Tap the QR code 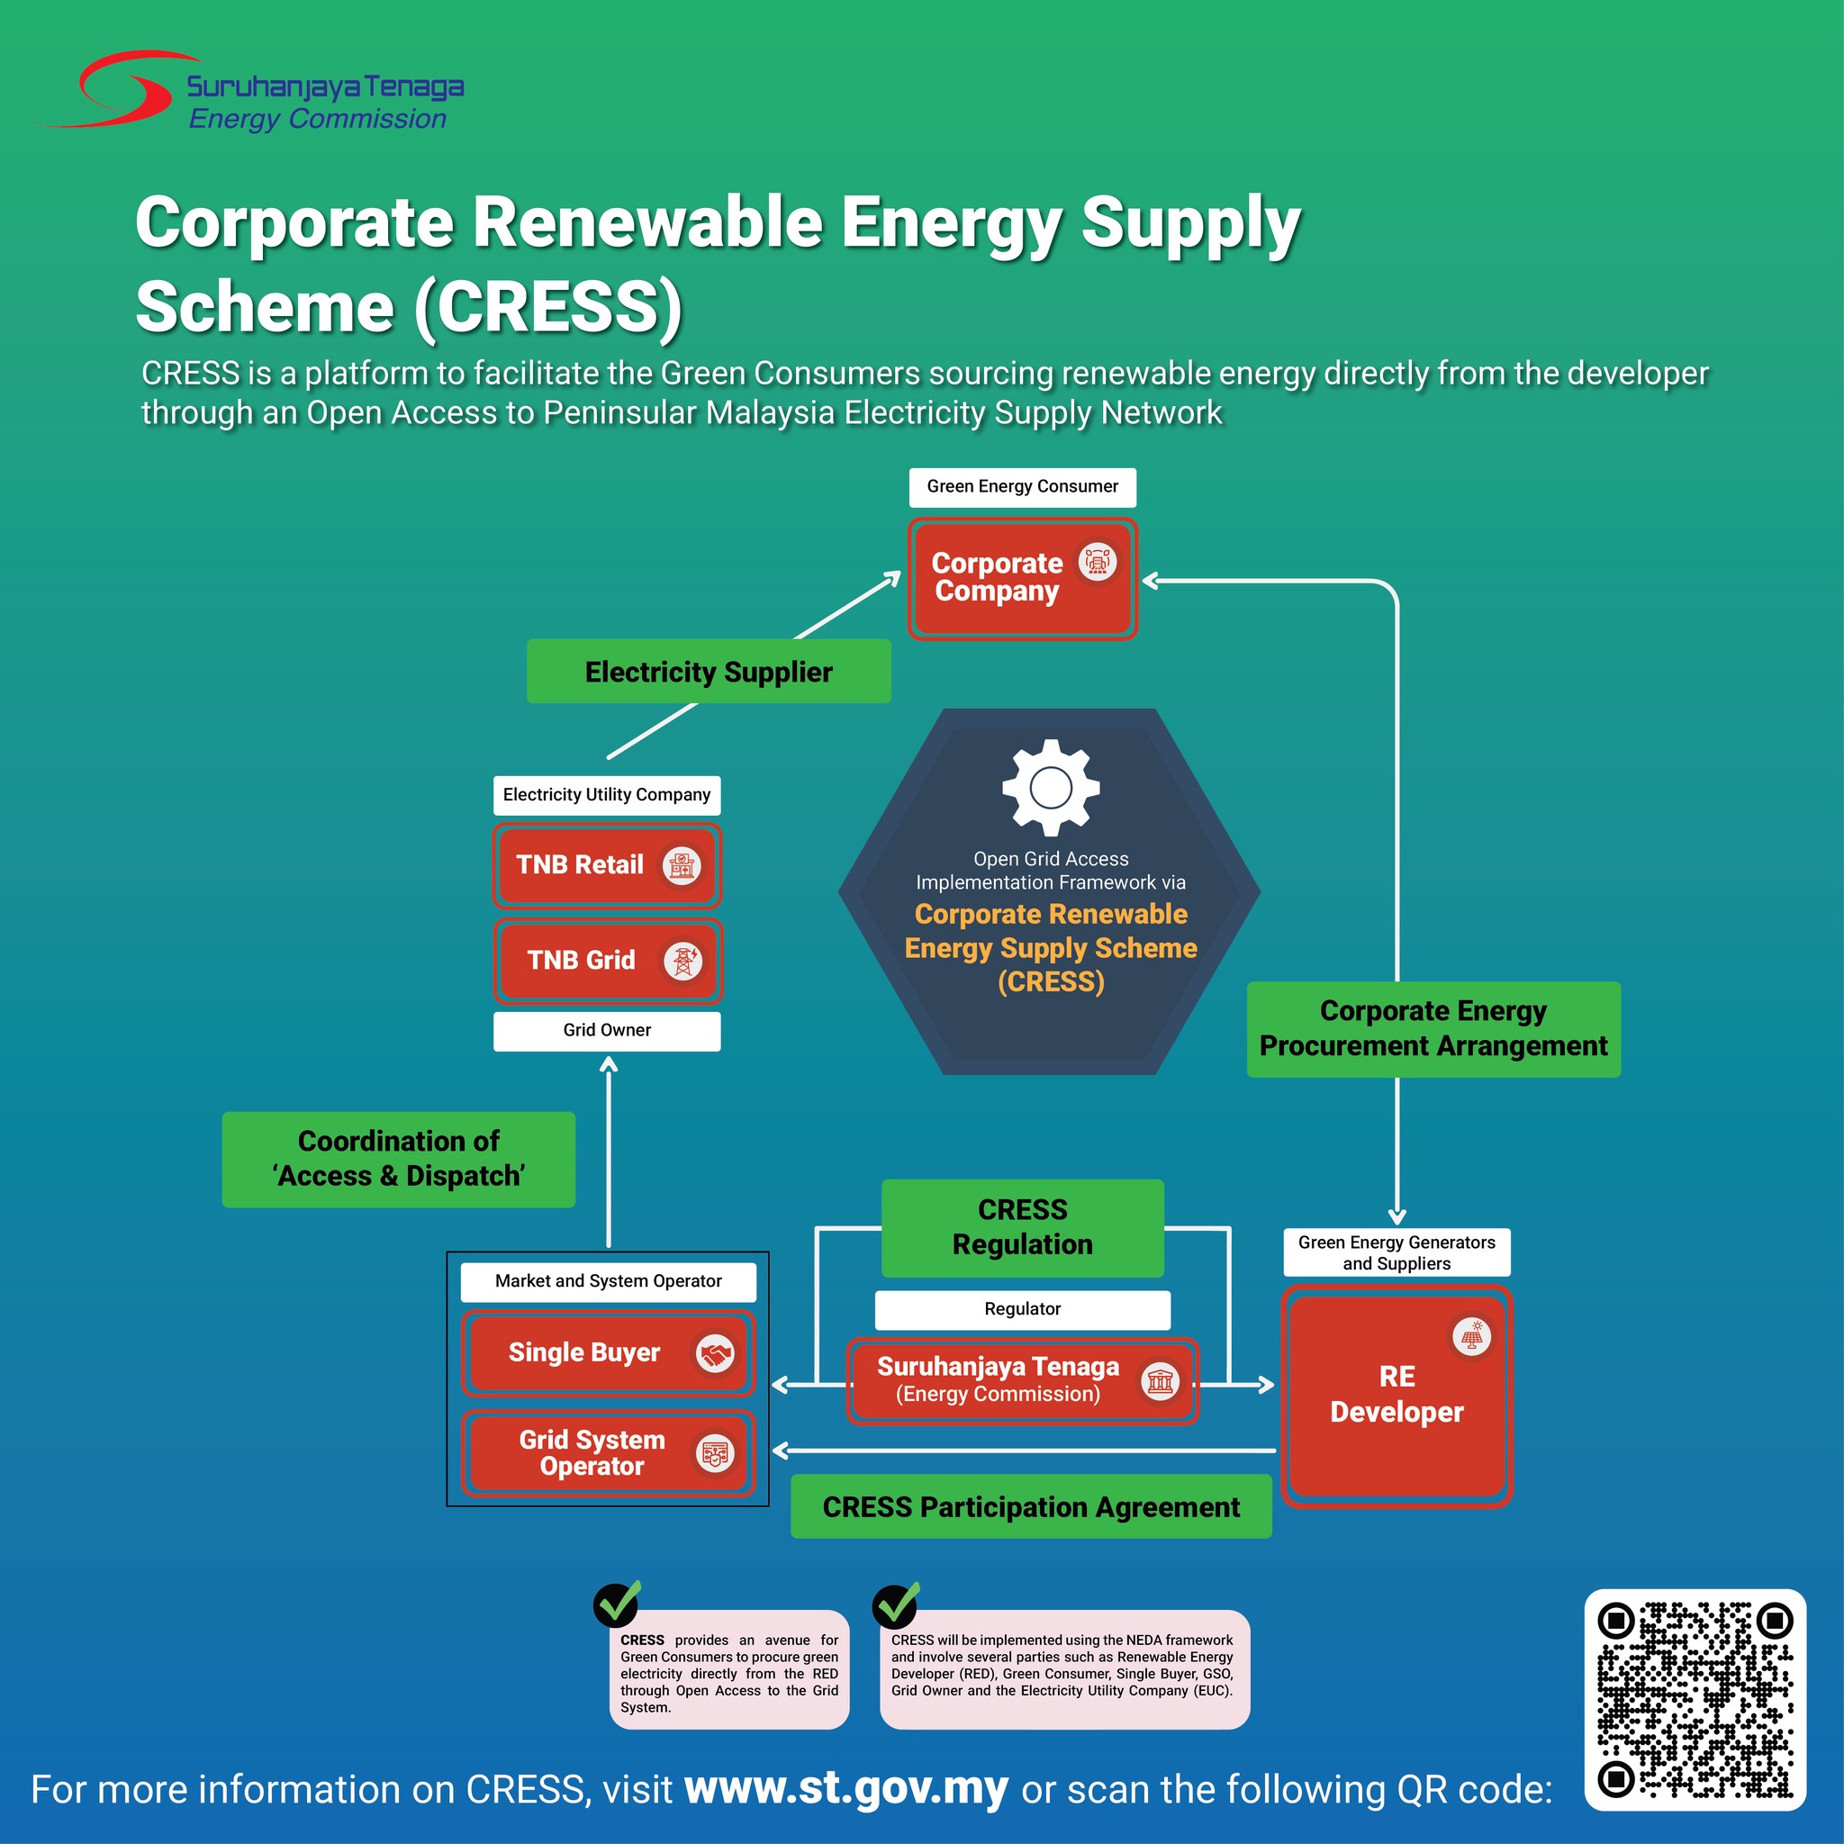coord(1695,1699)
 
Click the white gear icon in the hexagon coord(1051,788)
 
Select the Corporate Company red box coord(1022,578)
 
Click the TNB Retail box coord(607,865)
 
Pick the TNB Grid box coord(607,961)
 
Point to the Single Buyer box coord(608,1353)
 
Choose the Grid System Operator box coord(608,1452)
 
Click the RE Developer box coord(1397,1397)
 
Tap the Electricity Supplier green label coord(710,672)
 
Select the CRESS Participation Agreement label coord(1031,1507)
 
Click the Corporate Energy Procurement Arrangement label coord(1433,1029)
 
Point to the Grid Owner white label coord(607,1031)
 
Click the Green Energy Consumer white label coord(1022,487)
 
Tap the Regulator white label coord(1022,1309)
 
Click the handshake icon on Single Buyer coord(714,1353)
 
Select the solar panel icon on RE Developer coord(1473,1336)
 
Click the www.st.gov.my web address coord(845,1790)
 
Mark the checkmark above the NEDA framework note coord(896,1604)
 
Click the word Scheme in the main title coord(265,307)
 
